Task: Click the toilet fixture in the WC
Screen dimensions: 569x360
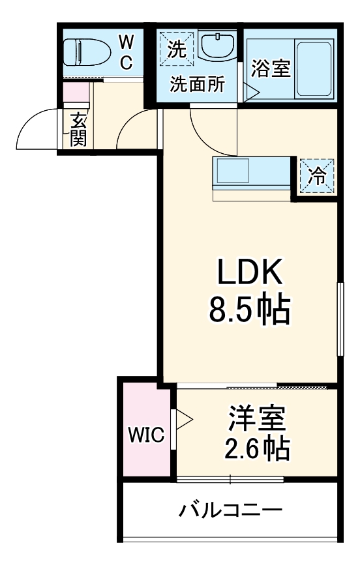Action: tap(88, 52)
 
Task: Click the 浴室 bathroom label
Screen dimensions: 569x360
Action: tap(270, 69)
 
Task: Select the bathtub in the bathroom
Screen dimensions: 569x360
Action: tap(315, 68)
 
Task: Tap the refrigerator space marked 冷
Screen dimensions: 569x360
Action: tap(316, 175)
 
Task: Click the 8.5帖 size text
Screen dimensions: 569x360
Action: tap(249, 312)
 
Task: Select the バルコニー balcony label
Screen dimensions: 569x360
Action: tap(231, 510)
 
